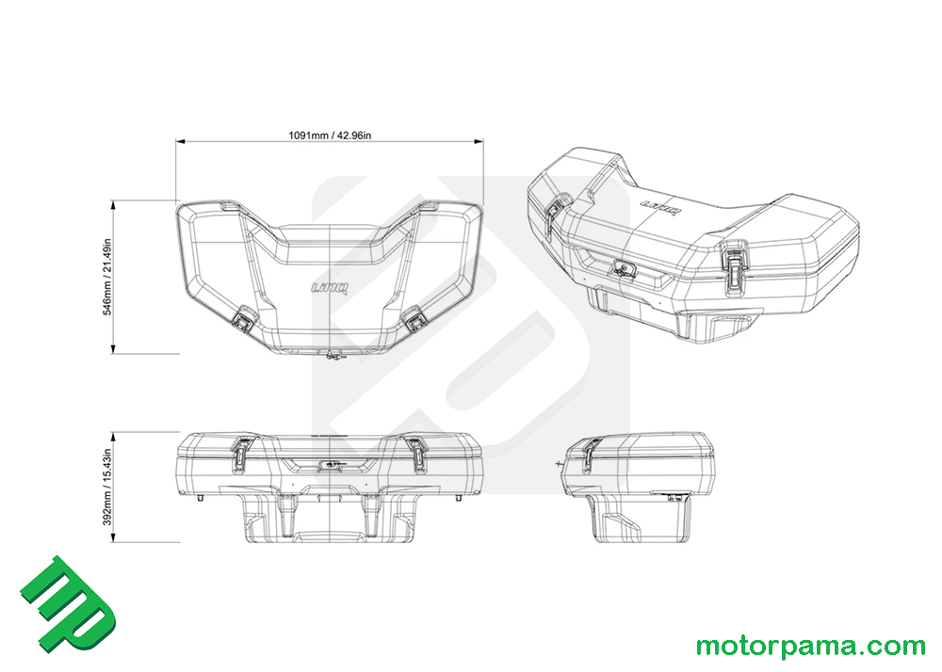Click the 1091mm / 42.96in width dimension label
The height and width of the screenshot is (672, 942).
point(330,136)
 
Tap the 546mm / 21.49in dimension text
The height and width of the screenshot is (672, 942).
point(107,278)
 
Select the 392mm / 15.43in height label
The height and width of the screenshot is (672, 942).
point(107,488)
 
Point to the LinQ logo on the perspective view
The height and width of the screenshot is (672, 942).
point(661,208)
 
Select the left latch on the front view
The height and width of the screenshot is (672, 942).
point(241,453)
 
